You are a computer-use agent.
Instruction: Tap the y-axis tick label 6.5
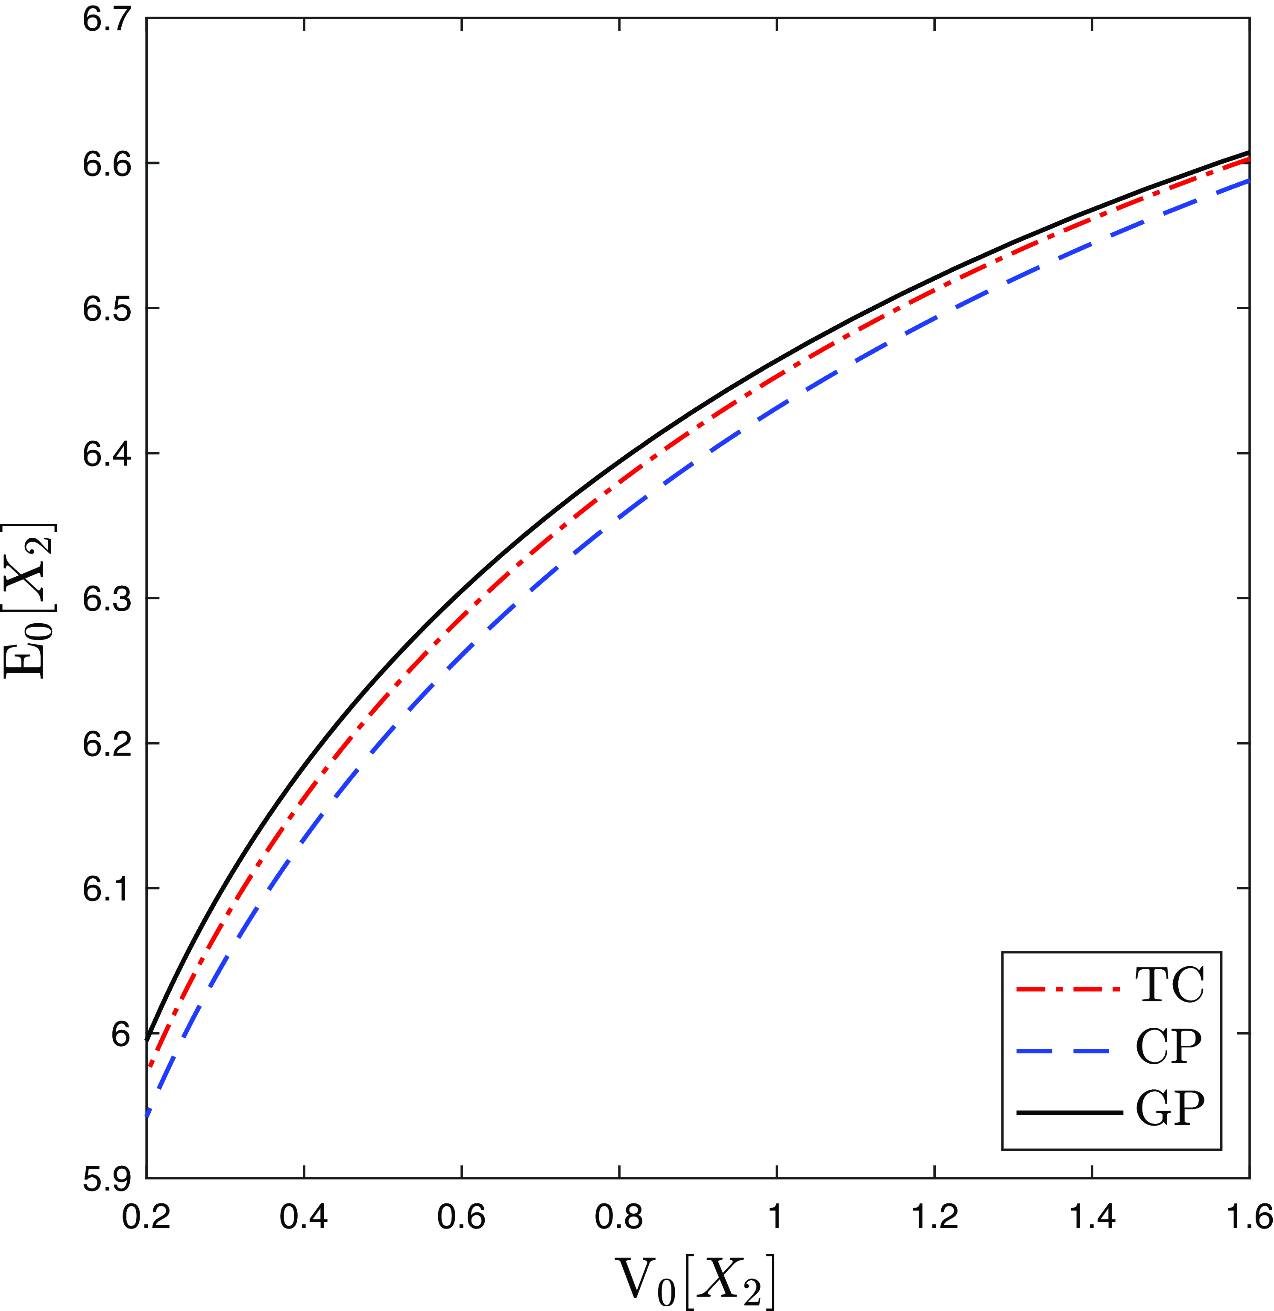tap(107, 308)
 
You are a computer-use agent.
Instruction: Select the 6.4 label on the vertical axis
tap(107, 453)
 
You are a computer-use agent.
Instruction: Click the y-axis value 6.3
tap(107, 598)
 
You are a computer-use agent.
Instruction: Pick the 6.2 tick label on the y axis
tap(107, 744)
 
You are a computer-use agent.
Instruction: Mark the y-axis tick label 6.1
tap(107, 889)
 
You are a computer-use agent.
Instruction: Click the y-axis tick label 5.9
tap(107, 1179)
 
